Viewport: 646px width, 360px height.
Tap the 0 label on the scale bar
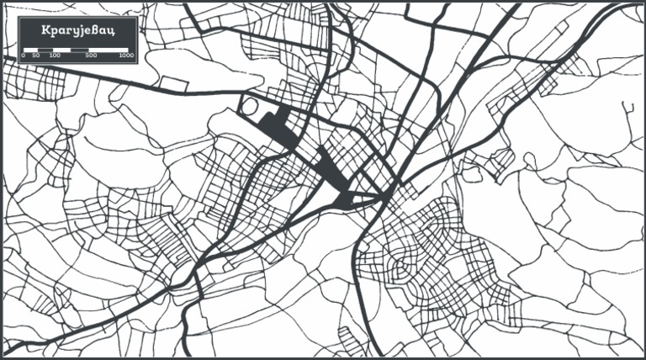coord(24,56)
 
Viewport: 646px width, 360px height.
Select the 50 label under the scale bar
coord(35,56)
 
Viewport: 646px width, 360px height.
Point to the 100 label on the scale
coord(55,56)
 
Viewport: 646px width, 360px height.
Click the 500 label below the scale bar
coord(91,56)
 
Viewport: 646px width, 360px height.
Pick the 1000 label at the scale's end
coord(126,56)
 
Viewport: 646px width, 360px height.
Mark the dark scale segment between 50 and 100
coord(45,50)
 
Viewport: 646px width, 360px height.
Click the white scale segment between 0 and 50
coord(29,50)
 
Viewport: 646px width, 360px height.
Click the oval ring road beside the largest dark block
coord(251,107)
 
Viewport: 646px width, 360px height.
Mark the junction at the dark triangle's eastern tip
coord(386,198)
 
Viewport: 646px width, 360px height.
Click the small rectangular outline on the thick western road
coord(174,84)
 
